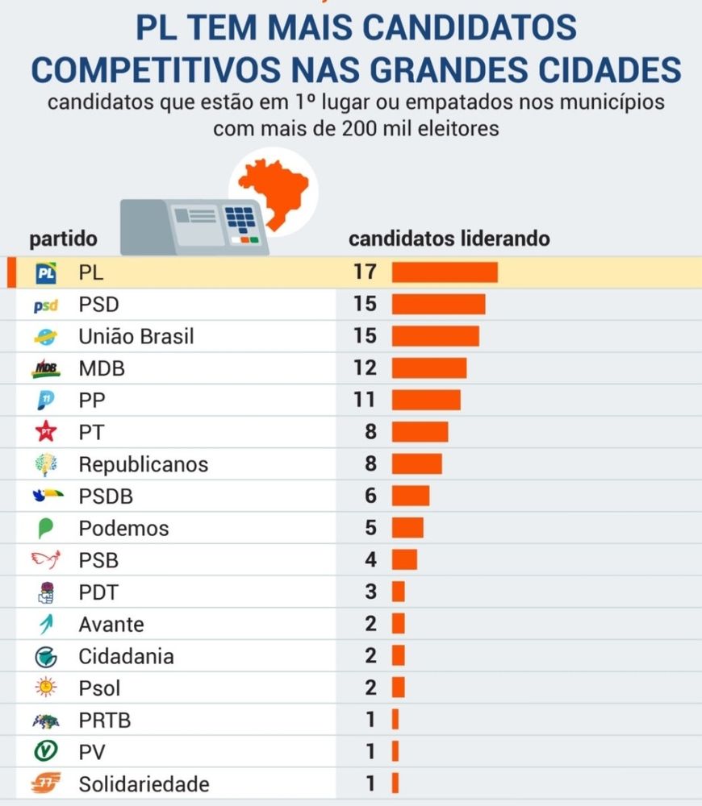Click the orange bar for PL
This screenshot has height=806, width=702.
[445, 272]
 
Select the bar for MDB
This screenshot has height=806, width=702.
[429, 368]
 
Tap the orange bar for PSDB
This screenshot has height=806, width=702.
[411, 496]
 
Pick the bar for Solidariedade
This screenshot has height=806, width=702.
[395, 783]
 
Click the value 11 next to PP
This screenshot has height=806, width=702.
[365, 401]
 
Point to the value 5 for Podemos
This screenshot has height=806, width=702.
[370, 528]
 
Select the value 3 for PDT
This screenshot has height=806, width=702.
[370, 592]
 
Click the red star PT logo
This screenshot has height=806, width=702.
[46, 433]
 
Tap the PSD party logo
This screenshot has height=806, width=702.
[46, 305]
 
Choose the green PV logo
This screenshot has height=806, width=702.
[46, 752]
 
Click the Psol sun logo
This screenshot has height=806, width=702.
[46, 688]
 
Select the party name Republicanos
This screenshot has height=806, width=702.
[144, 464]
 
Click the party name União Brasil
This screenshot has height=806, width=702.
[136, 336]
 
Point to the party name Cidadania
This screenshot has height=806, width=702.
[126, 656]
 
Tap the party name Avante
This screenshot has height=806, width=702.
[111, 624]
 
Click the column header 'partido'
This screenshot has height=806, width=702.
[63, 239]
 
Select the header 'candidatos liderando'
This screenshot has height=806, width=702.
[449, 239]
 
